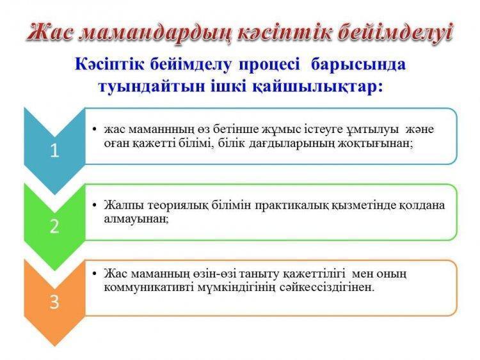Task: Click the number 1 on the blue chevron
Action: (x=54, y=150)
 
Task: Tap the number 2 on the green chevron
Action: (x=54, y=226)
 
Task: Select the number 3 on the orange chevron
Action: (x=54, y=302)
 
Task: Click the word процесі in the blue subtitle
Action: (x=269, y=65)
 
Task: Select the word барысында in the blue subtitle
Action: (x=358, y=65)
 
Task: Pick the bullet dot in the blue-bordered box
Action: (x=95, y=129)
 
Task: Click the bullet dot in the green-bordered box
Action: (x=95, y=205)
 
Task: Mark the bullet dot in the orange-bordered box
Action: (x=95, y=273)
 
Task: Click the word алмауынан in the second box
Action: (x=136, y=219)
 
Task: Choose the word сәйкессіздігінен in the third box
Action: (x=327, y=288)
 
